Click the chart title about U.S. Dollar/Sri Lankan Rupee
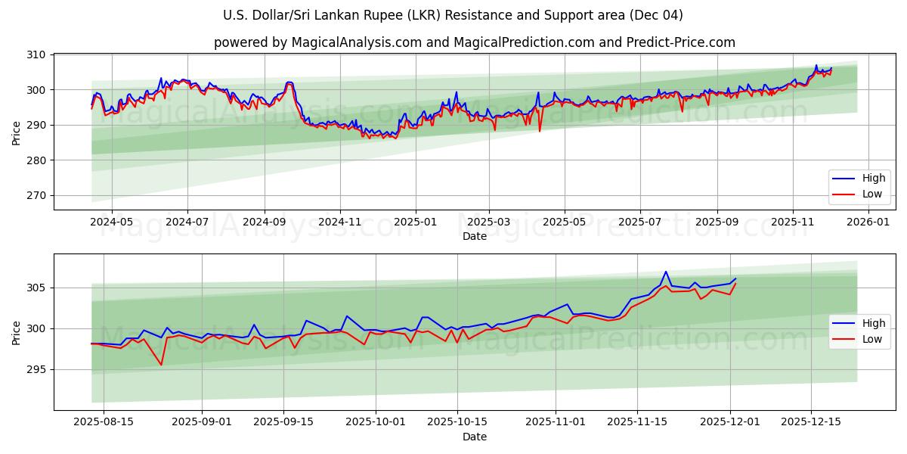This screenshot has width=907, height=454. (x=453, y=15)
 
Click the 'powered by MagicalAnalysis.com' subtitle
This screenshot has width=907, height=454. (x=474, y=42)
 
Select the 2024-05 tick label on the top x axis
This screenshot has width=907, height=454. (x=112, y=222)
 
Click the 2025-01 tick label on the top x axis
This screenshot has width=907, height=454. (x=415, y=222)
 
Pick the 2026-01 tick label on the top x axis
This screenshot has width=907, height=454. (x=868, y=222)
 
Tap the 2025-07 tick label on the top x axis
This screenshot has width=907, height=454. (x=640, y=222)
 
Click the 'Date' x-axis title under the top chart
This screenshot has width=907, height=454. (x=474, y=236)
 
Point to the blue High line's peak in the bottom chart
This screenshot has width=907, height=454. (x=666, y=272)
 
